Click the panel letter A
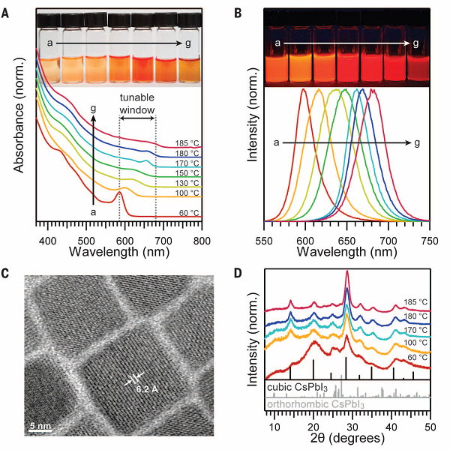pyautogui.click(x=7, y=10)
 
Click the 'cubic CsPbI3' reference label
pyautogui.click(x=290, y=388)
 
